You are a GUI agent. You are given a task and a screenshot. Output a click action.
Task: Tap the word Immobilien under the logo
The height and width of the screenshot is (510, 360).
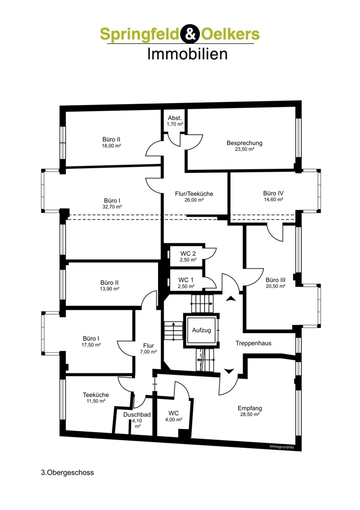[x=187, y=53]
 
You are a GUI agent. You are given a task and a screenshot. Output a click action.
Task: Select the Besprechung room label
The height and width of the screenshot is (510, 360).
[x=244, y=143]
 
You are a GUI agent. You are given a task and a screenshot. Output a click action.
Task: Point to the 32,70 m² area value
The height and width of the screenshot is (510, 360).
[x=111, y=207]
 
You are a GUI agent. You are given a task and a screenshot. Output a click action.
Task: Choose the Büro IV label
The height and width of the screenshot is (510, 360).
[x=273, y=193]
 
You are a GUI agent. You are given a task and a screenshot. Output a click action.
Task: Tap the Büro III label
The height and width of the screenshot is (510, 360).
[x=275, y=279]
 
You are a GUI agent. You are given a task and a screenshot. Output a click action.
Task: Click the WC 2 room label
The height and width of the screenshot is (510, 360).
[x=188, y=253]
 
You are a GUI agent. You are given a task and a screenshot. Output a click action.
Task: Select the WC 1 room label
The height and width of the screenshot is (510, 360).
[x=186, y=279]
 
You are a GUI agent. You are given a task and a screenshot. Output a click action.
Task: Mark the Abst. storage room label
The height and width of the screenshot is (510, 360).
[x=175, y=117]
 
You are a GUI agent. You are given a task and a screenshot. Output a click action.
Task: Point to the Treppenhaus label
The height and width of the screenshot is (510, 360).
[x=253, y=343]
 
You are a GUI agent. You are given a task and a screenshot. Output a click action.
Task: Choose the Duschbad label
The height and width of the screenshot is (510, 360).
[x=137, y=415]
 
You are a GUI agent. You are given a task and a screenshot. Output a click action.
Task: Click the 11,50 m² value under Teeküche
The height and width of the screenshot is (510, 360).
[x=95, y=401]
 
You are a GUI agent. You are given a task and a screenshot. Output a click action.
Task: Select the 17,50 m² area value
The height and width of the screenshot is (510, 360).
[x=92, y=345]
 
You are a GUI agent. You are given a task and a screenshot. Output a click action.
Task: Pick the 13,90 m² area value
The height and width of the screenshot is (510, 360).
[x=110, y=289]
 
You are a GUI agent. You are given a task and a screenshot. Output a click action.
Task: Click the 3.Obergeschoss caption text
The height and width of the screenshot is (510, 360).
[x=67, y=472]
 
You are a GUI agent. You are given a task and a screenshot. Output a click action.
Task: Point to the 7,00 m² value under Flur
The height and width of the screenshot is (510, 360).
[x=148, y=352]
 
